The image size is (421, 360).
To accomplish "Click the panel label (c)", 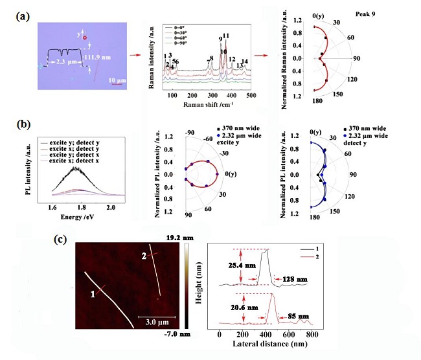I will click(x=60, y=238).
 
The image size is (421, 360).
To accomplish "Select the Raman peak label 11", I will click(x=226, y=36).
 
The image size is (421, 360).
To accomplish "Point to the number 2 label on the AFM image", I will click(x=143, y=256).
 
